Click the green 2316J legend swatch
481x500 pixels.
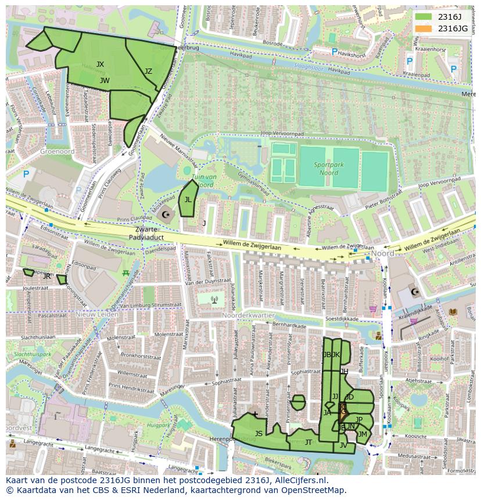point(423,16)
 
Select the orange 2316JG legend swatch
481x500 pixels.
point(423,28)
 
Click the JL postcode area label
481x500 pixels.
point(188,199)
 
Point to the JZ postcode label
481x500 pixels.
point(148,71)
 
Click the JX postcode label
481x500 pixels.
point(100,64)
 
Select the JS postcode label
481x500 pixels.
point(259,433)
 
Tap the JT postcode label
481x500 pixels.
point(308,442)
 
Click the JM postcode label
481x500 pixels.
point(362,434)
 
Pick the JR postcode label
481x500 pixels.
point(46,276)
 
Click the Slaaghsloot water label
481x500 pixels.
point(311,67)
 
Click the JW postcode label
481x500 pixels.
point(105,81)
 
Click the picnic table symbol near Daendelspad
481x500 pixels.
point(125,272)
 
